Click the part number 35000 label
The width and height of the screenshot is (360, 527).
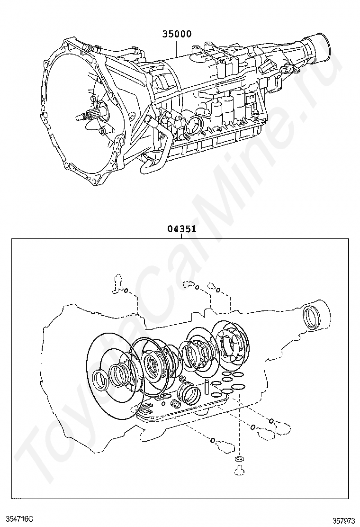[177, 34]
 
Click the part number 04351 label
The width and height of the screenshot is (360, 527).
[182, 229]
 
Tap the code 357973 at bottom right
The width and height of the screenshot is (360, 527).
[343, 520]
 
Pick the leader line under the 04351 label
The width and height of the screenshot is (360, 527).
[182, 237]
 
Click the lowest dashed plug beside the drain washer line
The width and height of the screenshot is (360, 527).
[224, 445]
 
